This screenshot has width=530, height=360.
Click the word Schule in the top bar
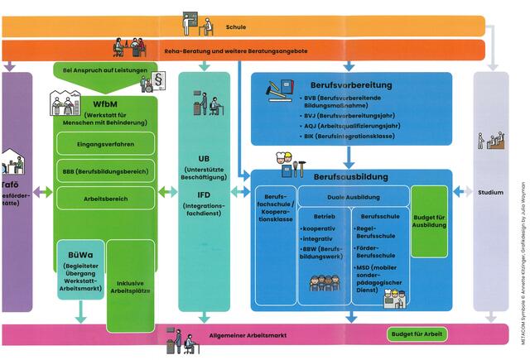point(235,27)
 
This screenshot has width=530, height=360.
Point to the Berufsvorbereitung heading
point(351,84)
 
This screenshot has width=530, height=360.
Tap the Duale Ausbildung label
point(353,197)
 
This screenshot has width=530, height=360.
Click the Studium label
point(490,193)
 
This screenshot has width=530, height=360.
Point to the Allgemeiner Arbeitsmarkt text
point(248,335)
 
